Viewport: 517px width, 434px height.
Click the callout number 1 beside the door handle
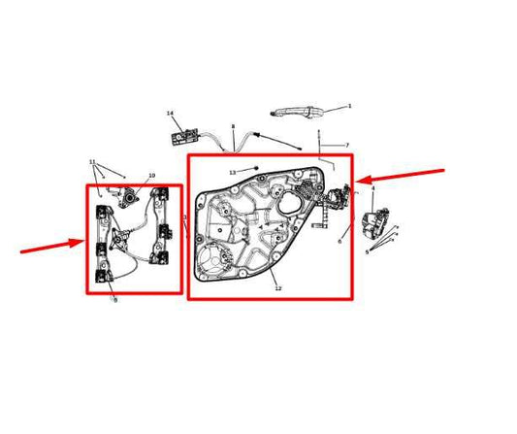[x=349, y=106]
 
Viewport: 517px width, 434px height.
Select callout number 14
[x=170, y=114]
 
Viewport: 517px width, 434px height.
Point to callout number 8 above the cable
[x=233, y=127]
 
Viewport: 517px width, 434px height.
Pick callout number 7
[x=346, y=145]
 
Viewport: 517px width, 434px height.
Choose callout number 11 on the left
[x=92, y=161]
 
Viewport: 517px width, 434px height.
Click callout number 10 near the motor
[x=151, y=176]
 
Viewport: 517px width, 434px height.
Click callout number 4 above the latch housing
[x=372, y=189]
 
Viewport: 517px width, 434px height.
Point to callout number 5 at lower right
[x=366, y=251]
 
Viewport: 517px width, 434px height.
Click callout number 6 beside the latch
[x=339, y=242]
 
